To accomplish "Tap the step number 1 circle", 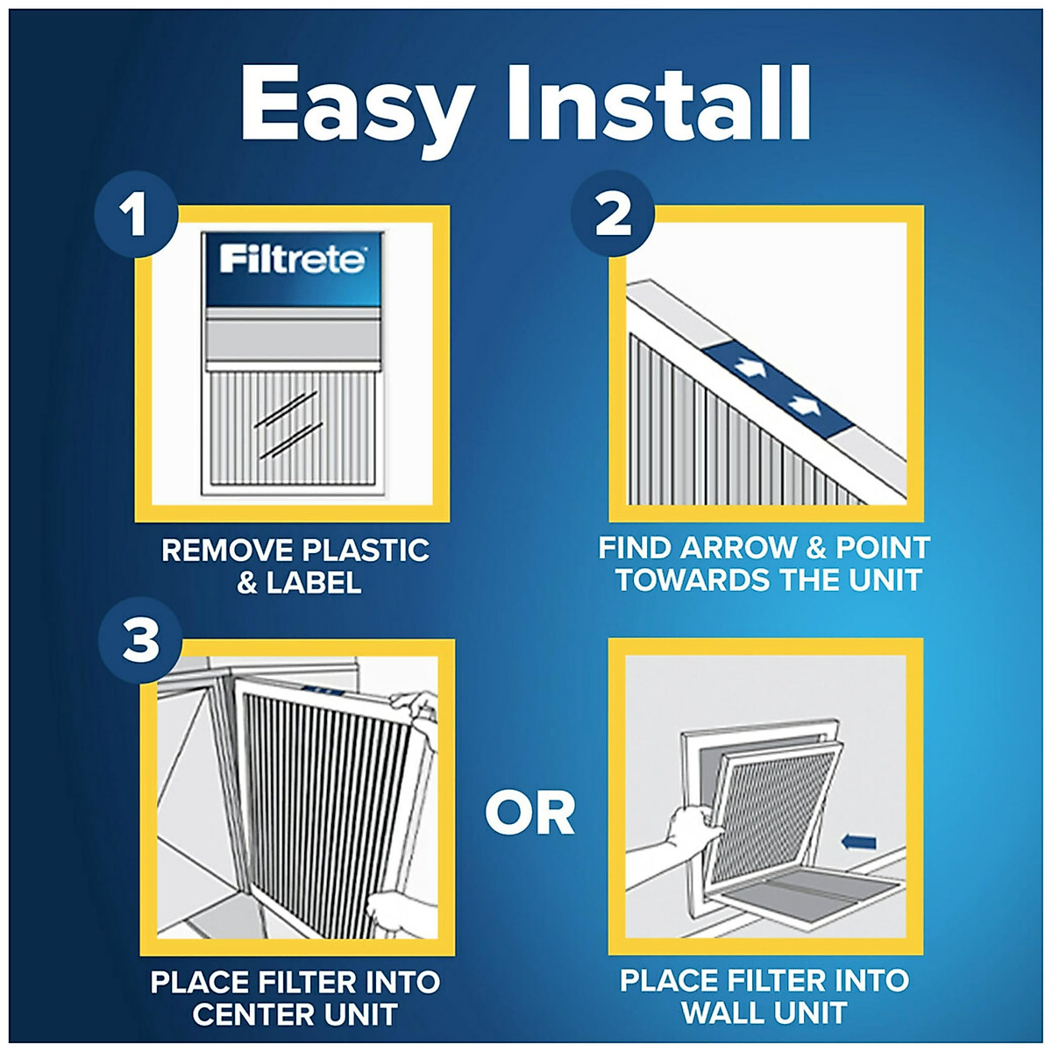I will pos(134,215).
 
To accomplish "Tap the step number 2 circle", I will pos(613,215).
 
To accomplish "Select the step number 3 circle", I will pos(140,643).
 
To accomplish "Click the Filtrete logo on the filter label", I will pos(292,260).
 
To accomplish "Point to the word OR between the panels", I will pos(530,814).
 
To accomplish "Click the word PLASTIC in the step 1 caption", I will pos(365,551).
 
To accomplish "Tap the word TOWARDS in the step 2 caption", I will pos(680,579).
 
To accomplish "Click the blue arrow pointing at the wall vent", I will pos(858,842).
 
